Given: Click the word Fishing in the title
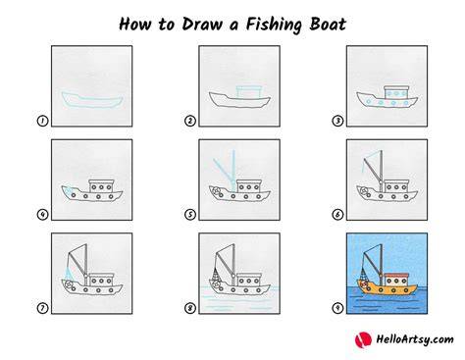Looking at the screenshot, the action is point(274,25).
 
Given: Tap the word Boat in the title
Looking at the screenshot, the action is point(328,25).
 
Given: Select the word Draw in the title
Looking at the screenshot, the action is point(202,25).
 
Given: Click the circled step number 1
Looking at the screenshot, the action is point(42,121).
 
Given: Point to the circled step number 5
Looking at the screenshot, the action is point(190,215).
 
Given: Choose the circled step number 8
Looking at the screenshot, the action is point(190,308).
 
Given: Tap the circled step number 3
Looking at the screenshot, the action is point(337,121).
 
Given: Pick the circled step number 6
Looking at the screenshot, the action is point(337,215).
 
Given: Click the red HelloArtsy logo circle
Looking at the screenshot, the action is point(363,339).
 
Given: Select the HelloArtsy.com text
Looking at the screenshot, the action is point(415,339).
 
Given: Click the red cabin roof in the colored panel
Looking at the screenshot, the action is point(396,275).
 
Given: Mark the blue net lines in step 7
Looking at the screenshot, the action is point(69,274).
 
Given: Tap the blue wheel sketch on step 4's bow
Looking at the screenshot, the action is point(68,190).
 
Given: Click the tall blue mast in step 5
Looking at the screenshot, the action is point(233,170).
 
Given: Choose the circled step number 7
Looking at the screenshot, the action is point(42,308).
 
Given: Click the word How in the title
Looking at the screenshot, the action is point(134,25).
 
